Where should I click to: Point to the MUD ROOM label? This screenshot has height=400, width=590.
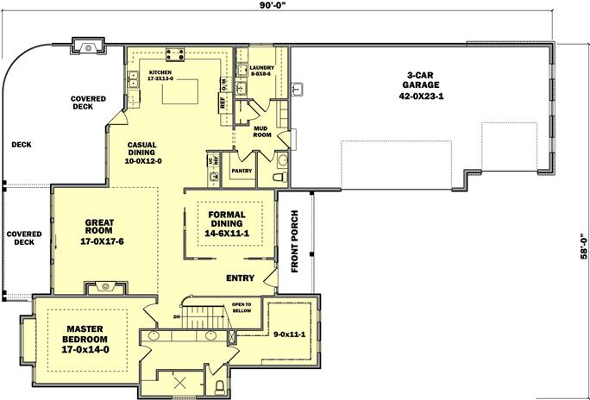coord(262,131)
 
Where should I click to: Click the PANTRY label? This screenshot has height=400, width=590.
coord(241,171)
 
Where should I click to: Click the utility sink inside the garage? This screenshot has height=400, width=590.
coord(298,87)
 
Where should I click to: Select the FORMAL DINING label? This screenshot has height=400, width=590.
coord(225,223)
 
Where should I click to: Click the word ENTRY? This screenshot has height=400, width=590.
coord(239,278)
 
